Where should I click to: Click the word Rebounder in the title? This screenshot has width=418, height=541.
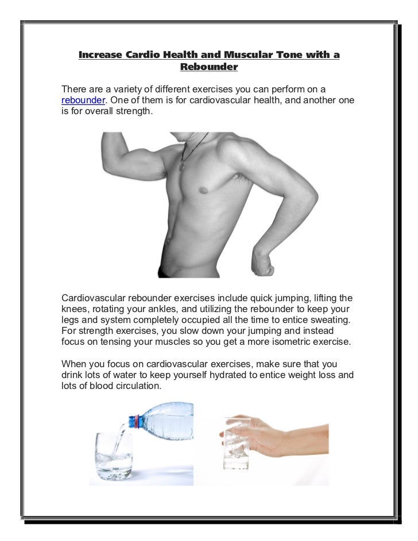(x=208, y=67)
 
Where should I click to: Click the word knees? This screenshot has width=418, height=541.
(x=76, y=311)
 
